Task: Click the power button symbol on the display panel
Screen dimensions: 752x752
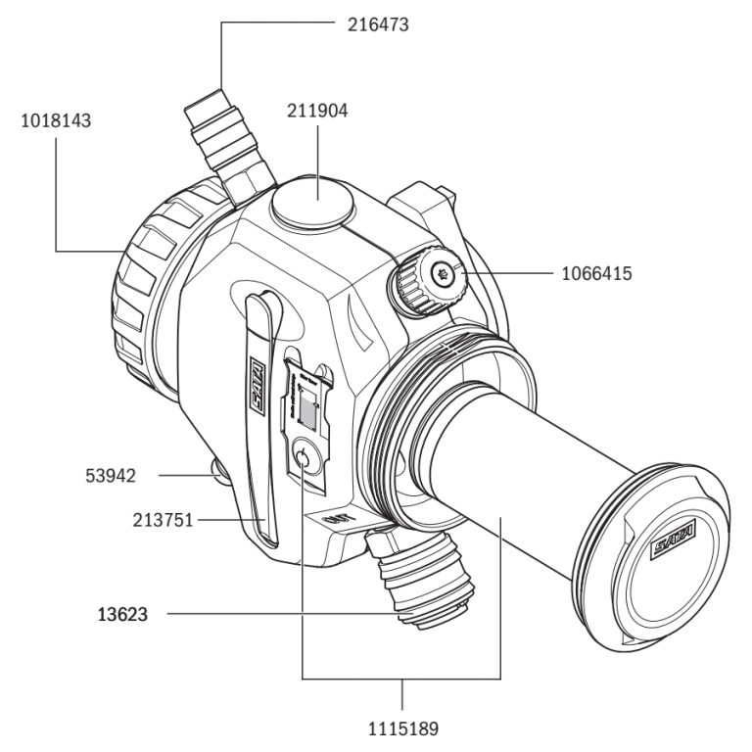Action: pos(305,458)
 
